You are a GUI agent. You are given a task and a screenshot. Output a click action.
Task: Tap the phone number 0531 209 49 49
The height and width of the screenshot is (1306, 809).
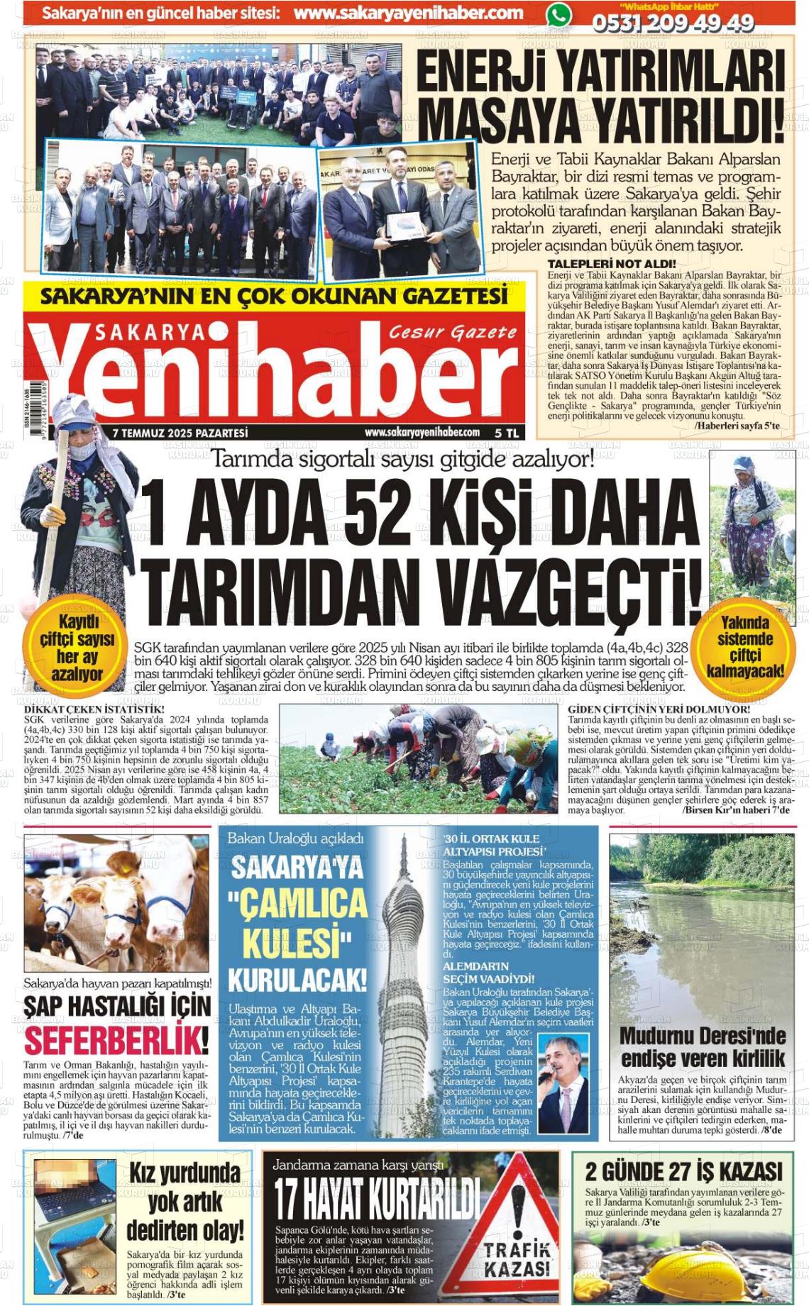(673, 23)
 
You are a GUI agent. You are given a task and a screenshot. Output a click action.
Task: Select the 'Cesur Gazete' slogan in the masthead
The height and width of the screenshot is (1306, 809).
(453, 332)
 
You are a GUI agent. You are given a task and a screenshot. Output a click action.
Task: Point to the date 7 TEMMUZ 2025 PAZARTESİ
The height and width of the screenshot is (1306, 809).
(180, 432)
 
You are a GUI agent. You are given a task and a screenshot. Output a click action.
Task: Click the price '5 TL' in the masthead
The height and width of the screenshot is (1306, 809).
(507, 432)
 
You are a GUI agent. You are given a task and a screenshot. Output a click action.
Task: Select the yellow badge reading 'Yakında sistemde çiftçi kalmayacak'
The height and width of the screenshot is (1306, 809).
(744, 646)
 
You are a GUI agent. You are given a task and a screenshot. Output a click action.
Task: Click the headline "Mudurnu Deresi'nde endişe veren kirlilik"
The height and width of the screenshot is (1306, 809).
(703, 1046)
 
